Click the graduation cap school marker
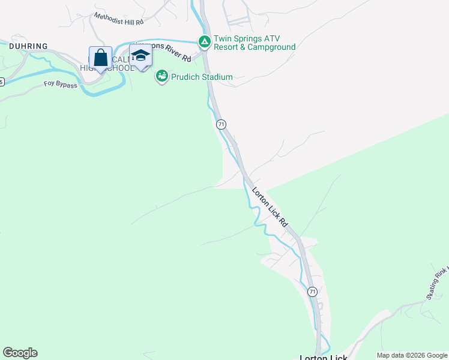coord(140,56)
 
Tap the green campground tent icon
coord(204,41)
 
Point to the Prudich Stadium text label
coord(202,77)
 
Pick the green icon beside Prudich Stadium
coord(161,76)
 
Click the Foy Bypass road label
coord(61,85)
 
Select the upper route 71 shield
coord(221,124)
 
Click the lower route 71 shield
coord(312,292)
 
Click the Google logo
coord(20,353)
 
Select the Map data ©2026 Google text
coord(412,355)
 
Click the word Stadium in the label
coord(217,77)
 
